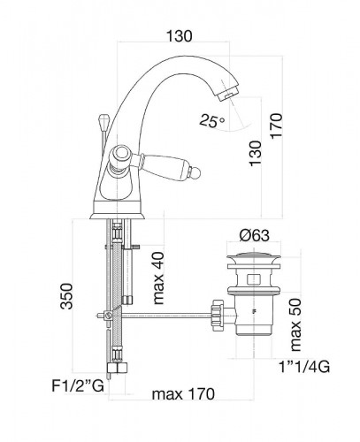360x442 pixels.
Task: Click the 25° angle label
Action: pos(211,121)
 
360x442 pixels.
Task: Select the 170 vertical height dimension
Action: pos(277,126)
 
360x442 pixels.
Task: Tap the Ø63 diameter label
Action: pos(254,235)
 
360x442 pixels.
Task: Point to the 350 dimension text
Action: pos(66,296)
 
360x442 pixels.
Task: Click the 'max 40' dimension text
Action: pos(158,278)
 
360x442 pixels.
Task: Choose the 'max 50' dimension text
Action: pos(295,324)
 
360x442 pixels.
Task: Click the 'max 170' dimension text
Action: pos(183,394)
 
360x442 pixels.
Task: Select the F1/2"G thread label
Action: pos(78,385)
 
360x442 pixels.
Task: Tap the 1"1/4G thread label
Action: pos(304,367)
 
